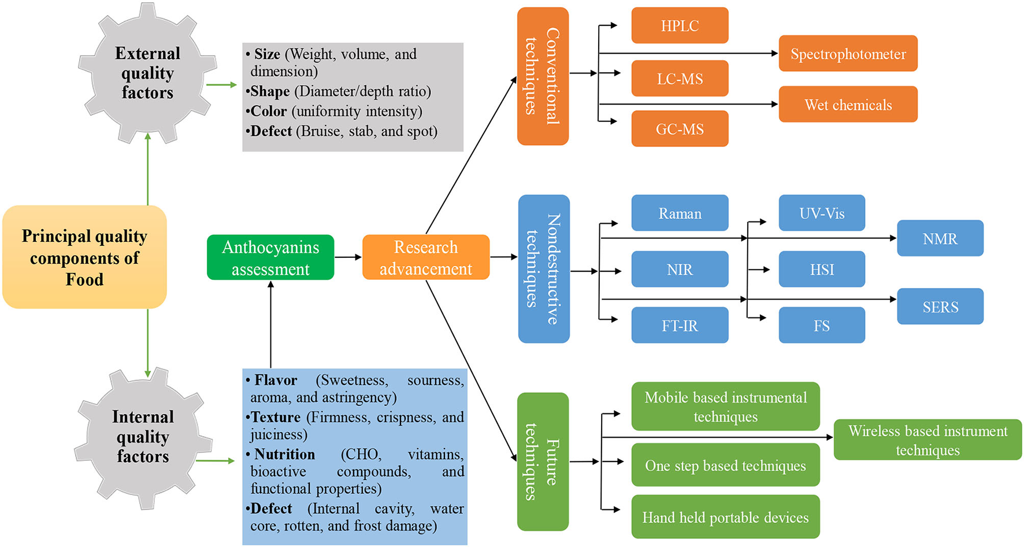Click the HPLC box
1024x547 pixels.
click(x=680, y=25)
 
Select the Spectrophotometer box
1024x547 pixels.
click(x=848, y=54)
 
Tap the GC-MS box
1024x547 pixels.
click(x=680, y=128)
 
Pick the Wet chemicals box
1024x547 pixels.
click(x=848, y=105)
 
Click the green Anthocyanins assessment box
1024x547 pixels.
click(x=270, y=257)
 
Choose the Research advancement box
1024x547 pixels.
click(x=426, y=257)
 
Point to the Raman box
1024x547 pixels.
click(x=680, y=213)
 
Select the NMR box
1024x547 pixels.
click(x=940, y=238)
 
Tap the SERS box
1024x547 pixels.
click(x=940, y=306)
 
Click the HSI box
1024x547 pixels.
click(x=821, y=269)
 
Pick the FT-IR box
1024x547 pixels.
click(x=680, y=325)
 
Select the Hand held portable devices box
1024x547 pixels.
click(x=725, y=517)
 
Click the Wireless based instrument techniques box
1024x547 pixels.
click(x=927, y=440)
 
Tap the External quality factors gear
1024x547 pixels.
click(x=147, y=73)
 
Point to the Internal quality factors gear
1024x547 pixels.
click(x=143, y=437)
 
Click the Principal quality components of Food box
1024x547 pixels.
click(x=84, y=257)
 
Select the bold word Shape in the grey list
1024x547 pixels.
click(x=270, y=91)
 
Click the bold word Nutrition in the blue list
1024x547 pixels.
click(x=284, y=454)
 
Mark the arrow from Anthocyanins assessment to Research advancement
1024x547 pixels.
click(x=348, y=257)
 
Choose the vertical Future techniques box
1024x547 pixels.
click(x=543, y=461)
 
